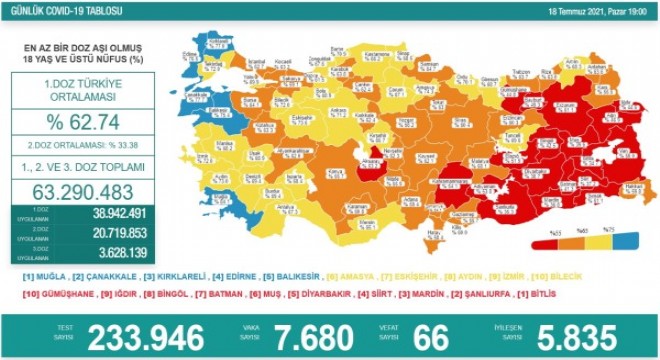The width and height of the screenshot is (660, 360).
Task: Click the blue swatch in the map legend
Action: [626, 241]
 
